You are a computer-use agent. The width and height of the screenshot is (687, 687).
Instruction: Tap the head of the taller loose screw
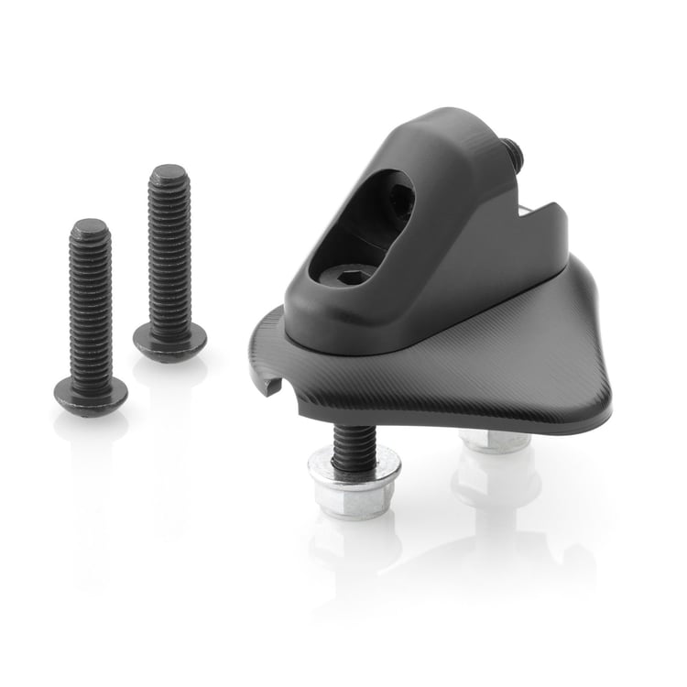[x=169, y=341]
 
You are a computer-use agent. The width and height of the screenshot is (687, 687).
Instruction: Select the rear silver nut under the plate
[x=496, y=442]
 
